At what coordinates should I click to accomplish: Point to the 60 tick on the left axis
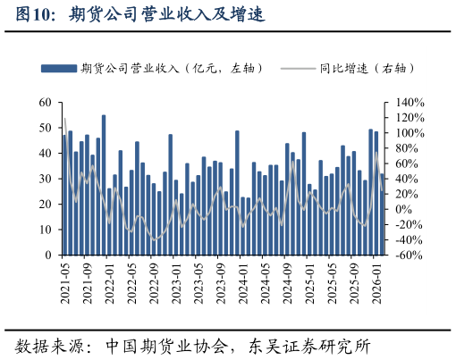pyautogui.click(x=46, y=103)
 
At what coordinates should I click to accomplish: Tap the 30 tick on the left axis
pyautogui.click(x=46, y=179)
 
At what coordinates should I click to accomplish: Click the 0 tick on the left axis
pyautogui.click(x=49, y=255)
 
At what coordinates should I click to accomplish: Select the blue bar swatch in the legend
pyautogui.click(x=59, y=68)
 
